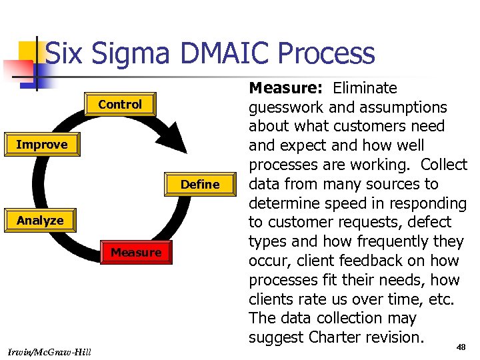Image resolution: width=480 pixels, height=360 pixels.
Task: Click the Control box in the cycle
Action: tap(120, 105)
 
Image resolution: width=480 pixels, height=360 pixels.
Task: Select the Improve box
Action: tap(41, 145)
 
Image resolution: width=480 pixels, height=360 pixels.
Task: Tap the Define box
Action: tap(200, 185)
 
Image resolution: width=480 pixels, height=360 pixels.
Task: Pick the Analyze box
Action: tap(40, 221)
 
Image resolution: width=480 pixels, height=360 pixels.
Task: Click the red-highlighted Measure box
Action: tap(136, 253)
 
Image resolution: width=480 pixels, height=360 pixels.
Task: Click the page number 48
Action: tap(461, 347)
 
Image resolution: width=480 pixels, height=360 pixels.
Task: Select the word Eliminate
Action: tap(365, 88)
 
